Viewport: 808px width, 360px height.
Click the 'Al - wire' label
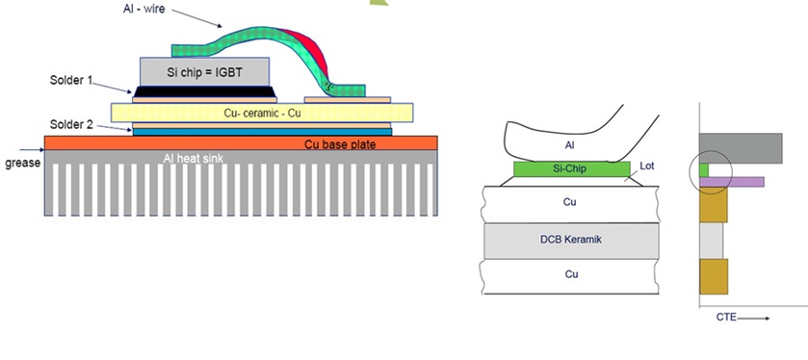point(143,9)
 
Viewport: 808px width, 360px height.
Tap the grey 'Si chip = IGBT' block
point(204,71)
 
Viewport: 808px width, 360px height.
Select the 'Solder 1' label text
point(70,80)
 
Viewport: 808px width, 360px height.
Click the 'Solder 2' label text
point(70,124)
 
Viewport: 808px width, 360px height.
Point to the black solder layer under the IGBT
point(204,91)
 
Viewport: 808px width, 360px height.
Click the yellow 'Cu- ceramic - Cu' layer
point(262,113)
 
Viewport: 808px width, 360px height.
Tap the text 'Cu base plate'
point(340,144)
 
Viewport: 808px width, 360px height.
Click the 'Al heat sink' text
point(194,158)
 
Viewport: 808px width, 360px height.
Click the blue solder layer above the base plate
point(262,132)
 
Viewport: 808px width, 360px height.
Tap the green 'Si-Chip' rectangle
point(572,168)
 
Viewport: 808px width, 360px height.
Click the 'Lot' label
point(647,167)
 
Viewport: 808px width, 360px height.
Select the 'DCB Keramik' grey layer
point(571,241)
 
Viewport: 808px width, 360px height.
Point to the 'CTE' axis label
point(726,318)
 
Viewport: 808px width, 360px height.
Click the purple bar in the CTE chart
point(732,182)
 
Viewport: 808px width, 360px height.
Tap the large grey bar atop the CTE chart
point(741,148)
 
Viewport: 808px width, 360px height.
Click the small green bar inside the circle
point(704,170)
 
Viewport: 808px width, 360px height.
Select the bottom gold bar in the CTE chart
point(714,276)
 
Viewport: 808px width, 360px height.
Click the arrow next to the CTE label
point(753,319)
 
